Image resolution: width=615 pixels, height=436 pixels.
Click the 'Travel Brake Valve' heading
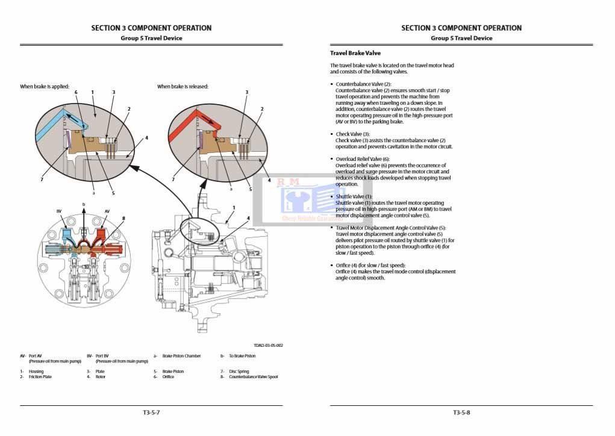[x=355, y=53]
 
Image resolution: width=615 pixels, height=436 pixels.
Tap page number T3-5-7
[x=151, y=413]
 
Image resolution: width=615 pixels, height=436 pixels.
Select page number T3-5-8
[x=461, y=413]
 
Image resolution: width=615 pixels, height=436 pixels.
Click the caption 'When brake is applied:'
[x=45, y=87]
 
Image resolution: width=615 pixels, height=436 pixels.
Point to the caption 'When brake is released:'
[x=183, y=87]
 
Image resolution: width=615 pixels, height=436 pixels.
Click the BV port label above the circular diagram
[x=59, y=211]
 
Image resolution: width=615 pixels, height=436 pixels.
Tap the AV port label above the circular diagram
[x=107, y=211]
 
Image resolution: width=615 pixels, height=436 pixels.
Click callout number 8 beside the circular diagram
[x=123, y=218]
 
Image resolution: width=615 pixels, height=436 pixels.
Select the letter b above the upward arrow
[x=84, y=205]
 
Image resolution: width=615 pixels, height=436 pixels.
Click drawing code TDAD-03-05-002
[x=268, y=346]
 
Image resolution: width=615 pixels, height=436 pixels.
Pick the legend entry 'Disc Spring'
[x=239, y=372]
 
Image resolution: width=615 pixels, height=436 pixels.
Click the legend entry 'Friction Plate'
[x=40, y=377]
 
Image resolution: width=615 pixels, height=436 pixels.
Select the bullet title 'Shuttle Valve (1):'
[x=354, y=197]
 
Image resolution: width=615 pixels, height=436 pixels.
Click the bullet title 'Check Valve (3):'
[x=352, y=134]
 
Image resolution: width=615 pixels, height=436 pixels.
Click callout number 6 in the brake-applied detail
[x=76, y=92]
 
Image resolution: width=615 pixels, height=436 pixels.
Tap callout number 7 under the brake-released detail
[x=173, y=179]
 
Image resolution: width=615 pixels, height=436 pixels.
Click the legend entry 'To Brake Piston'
[x=242, y=356]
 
